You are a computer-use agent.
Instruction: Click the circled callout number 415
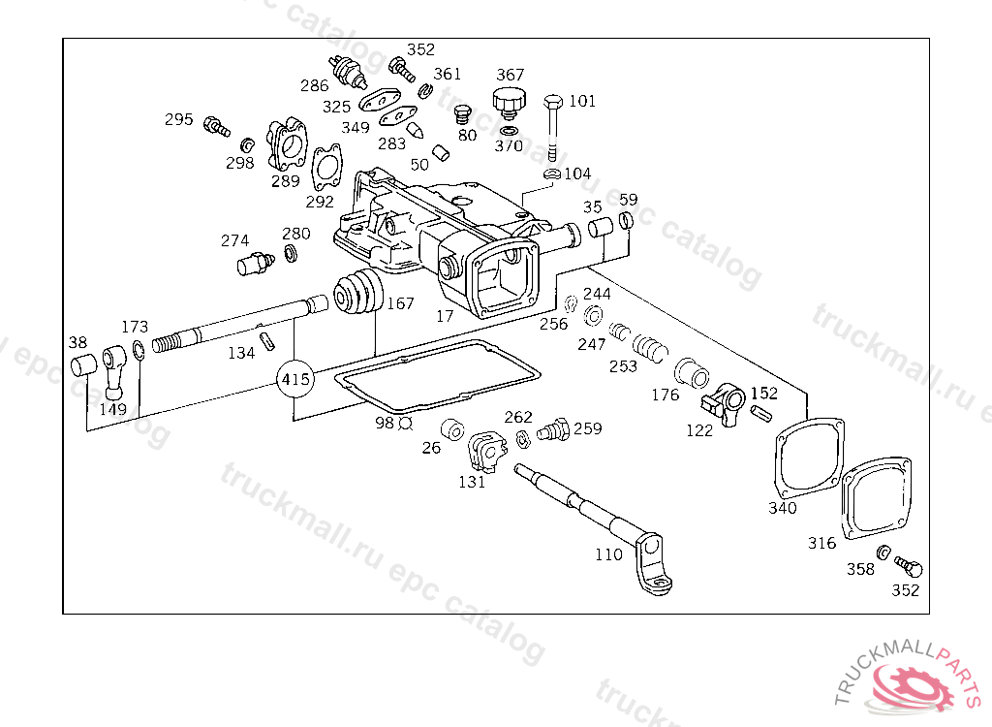(x=295, y=379)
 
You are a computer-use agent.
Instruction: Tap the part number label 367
(x=510, y=75)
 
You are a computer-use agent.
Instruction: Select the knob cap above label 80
(x=509, y=103)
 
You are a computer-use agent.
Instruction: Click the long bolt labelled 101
(x=553, y=128)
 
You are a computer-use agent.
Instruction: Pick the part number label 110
(x=608, y=554)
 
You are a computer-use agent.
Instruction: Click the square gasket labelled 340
(x=809, y=458)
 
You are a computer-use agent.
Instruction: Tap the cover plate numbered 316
(x=876, y=499)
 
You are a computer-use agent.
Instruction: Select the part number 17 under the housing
(x=445, y=315)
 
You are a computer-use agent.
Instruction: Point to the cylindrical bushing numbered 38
(x=83, y=366)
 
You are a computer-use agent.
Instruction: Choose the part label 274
(x=234, y=240)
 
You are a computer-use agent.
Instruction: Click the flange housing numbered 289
(x=287, y=144)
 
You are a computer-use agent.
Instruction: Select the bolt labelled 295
(x=216, y=126)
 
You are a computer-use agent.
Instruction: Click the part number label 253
(x=623, y=366)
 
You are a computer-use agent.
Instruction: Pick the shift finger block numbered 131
(x=486, y=451)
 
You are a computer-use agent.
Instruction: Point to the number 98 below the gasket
(x=385, y=423)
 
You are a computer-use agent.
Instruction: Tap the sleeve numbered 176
(x=692, y=373)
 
